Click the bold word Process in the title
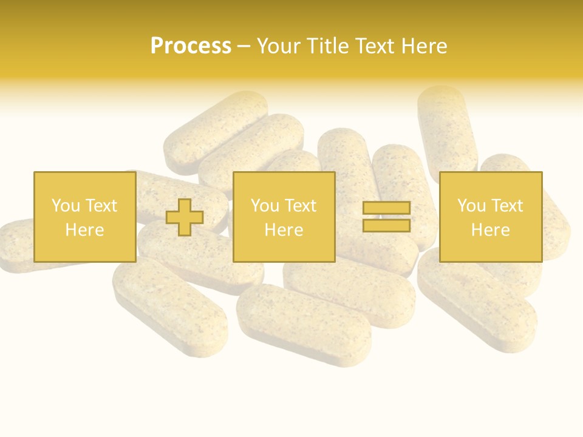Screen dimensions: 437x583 click(191, 46)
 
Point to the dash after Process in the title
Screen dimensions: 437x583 click(244, 47)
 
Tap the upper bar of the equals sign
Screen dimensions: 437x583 click(386, 208)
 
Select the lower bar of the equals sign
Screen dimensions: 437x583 click(386, 225)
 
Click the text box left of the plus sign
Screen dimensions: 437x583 click(84, 217)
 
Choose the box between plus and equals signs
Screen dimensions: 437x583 click(284, 217)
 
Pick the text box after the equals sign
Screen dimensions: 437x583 click(490, 217)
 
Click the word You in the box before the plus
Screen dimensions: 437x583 click(66, 206)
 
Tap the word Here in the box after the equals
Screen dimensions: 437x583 click(490, 230)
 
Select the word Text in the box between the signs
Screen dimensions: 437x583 click(300, 206)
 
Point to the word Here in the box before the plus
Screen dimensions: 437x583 click(84, 230)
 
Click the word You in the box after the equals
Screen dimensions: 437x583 click(471, 206)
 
